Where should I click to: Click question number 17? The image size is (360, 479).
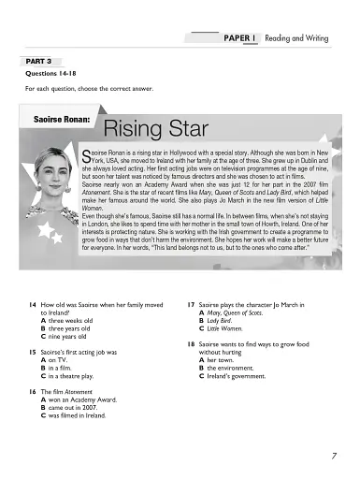[x=191, y=305]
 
